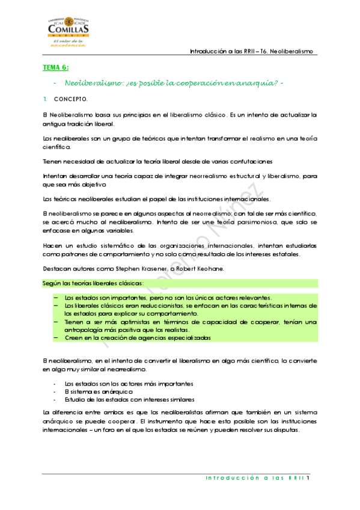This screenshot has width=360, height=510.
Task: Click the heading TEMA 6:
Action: coord(55,68)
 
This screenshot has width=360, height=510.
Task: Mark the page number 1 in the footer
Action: coord(307,479)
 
